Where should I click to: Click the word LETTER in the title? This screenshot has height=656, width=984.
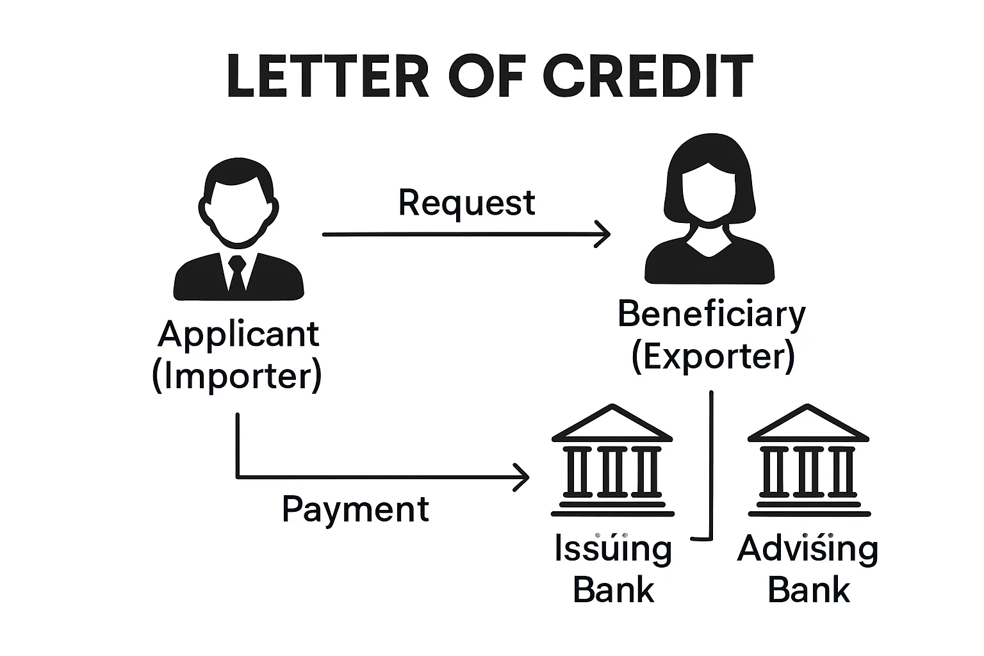pyautogui.click(x=327, y=77)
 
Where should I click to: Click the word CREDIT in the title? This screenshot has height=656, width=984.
pyautogui.click(x=648, y=77)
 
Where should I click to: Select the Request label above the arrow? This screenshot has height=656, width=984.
pyautogui.click(x=466, y=204)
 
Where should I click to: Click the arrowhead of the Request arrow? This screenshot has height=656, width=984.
pyautogui.click(x=603, y=234)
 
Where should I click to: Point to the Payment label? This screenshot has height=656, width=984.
pyautogui.click(x=356, y=511)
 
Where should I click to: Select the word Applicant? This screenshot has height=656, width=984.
pyautogui.click(x=238, y=334)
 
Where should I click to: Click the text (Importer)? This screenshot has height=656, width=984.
pyautogui.click(x=237, y=376)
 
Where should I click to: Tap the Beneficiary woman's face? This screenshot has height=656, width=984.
pyautogui.click(x=709, y=192)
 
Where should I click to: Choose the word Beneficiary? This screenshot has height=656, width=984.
pyautogui.click(x=712, y=315)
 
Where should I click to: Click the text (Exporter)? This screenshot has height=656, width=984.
pyautogui.click(x=712, y=357)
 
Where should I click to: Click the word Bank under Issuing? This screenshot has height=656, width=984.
pyautogui.click(x=613, y=590)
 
